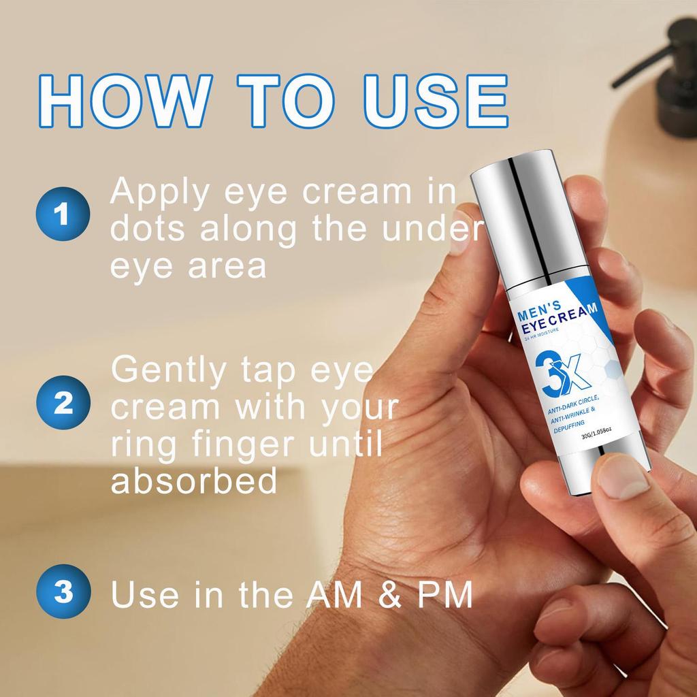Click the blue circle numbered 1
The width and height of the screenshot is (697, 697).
pos(63,216)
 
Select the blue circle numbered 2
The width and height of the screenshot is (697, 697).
pos(63,404)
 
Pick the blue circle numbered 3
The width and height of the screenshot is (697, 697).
pos(63,591)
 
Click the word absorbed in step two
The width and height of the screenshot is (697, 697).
pos(194,481)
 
